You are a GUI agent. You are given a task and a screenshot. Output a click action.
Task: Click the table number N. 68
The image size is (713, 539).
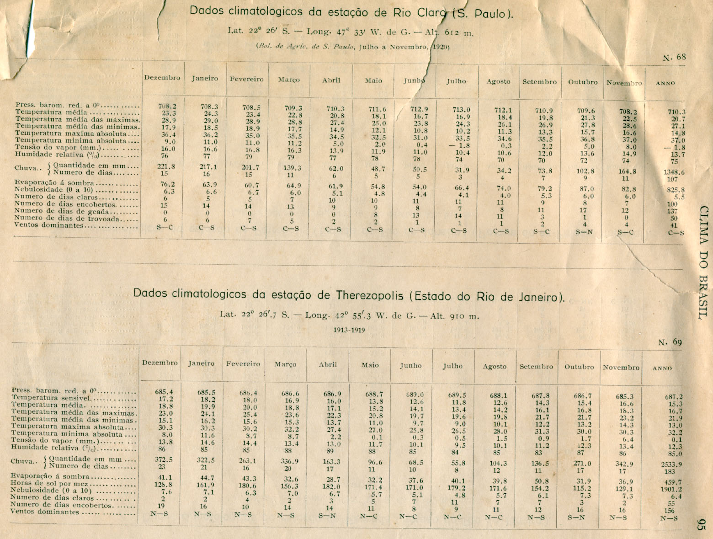[x=675, y=57]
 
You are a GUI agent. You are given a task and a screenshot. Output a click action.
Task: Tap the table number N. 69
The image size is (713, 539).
[x=670, y=342]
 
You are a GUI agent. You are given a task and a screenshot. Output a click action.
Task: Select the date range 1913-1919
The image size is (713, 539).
[x=349, y=330]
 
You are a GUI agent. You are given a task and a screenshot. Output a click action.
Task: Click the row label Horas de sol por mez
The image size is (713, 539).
[x=73, y=483]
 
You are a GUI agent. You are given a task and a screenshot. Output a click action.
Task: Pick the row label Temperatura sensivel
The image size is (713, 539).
[x=73, y=398]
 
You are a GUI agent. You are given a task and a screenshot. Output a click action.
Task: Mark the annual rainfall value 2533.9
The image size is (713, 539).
[x=671, y=464]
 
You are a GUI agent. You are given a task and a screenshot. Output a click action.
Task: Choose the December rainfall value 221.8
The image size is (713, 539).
[x=165, y=166]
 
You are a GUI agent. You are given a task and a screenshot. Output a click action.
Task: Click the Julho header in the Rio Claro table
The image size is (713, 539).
[x=456, y=81]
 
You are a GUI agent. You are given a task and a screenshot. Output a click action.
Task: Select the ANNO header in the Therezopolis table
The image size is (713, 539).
[x=662, y=368]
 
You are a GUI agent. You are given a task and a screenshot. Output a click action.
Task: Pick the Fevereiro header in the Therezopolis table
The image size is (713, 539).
[x=243, y=364]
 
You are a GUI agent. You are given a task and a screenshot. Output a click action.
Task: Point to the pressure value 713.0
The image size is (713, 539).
[x=461, y=110]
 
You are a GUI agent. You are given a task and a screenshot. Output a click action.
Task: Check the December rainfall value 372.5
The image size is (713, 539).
[x=164, y=459]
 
